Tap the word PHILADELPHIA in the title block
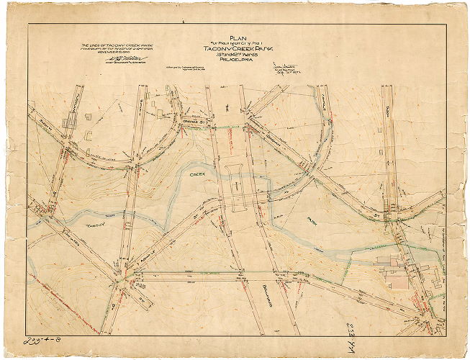click(x=237, y=60)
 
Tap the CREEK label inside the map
click(x=197, y=174)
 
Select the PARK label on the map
click(x=311, y=222)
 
